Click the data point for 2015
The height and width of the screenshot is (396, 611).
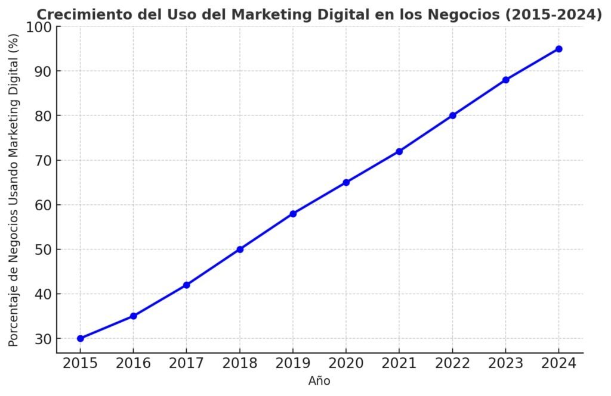point(81,338)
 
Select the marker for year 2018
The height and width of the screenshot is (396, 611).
point(240,250)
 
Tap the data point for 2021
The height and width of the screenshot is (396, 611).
point(399,151)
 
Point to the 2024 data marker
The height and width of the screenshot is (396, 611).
point(558,49)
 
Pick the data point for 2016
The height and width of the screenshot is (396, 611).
point(134,316)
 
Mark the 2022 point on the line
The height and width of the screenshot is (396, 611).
point(452,116)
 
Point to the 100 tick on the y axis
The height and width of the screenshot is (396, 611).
point(39,27)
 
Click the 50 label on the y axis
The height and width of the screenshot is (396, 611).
point(44,250)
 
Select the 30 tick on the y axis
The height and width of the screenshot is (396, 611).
point(44,339)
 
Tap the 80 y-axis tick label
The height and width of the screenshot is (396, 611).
point(44,116)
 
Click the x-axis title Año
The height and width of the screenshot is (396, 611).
point(319,381)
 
